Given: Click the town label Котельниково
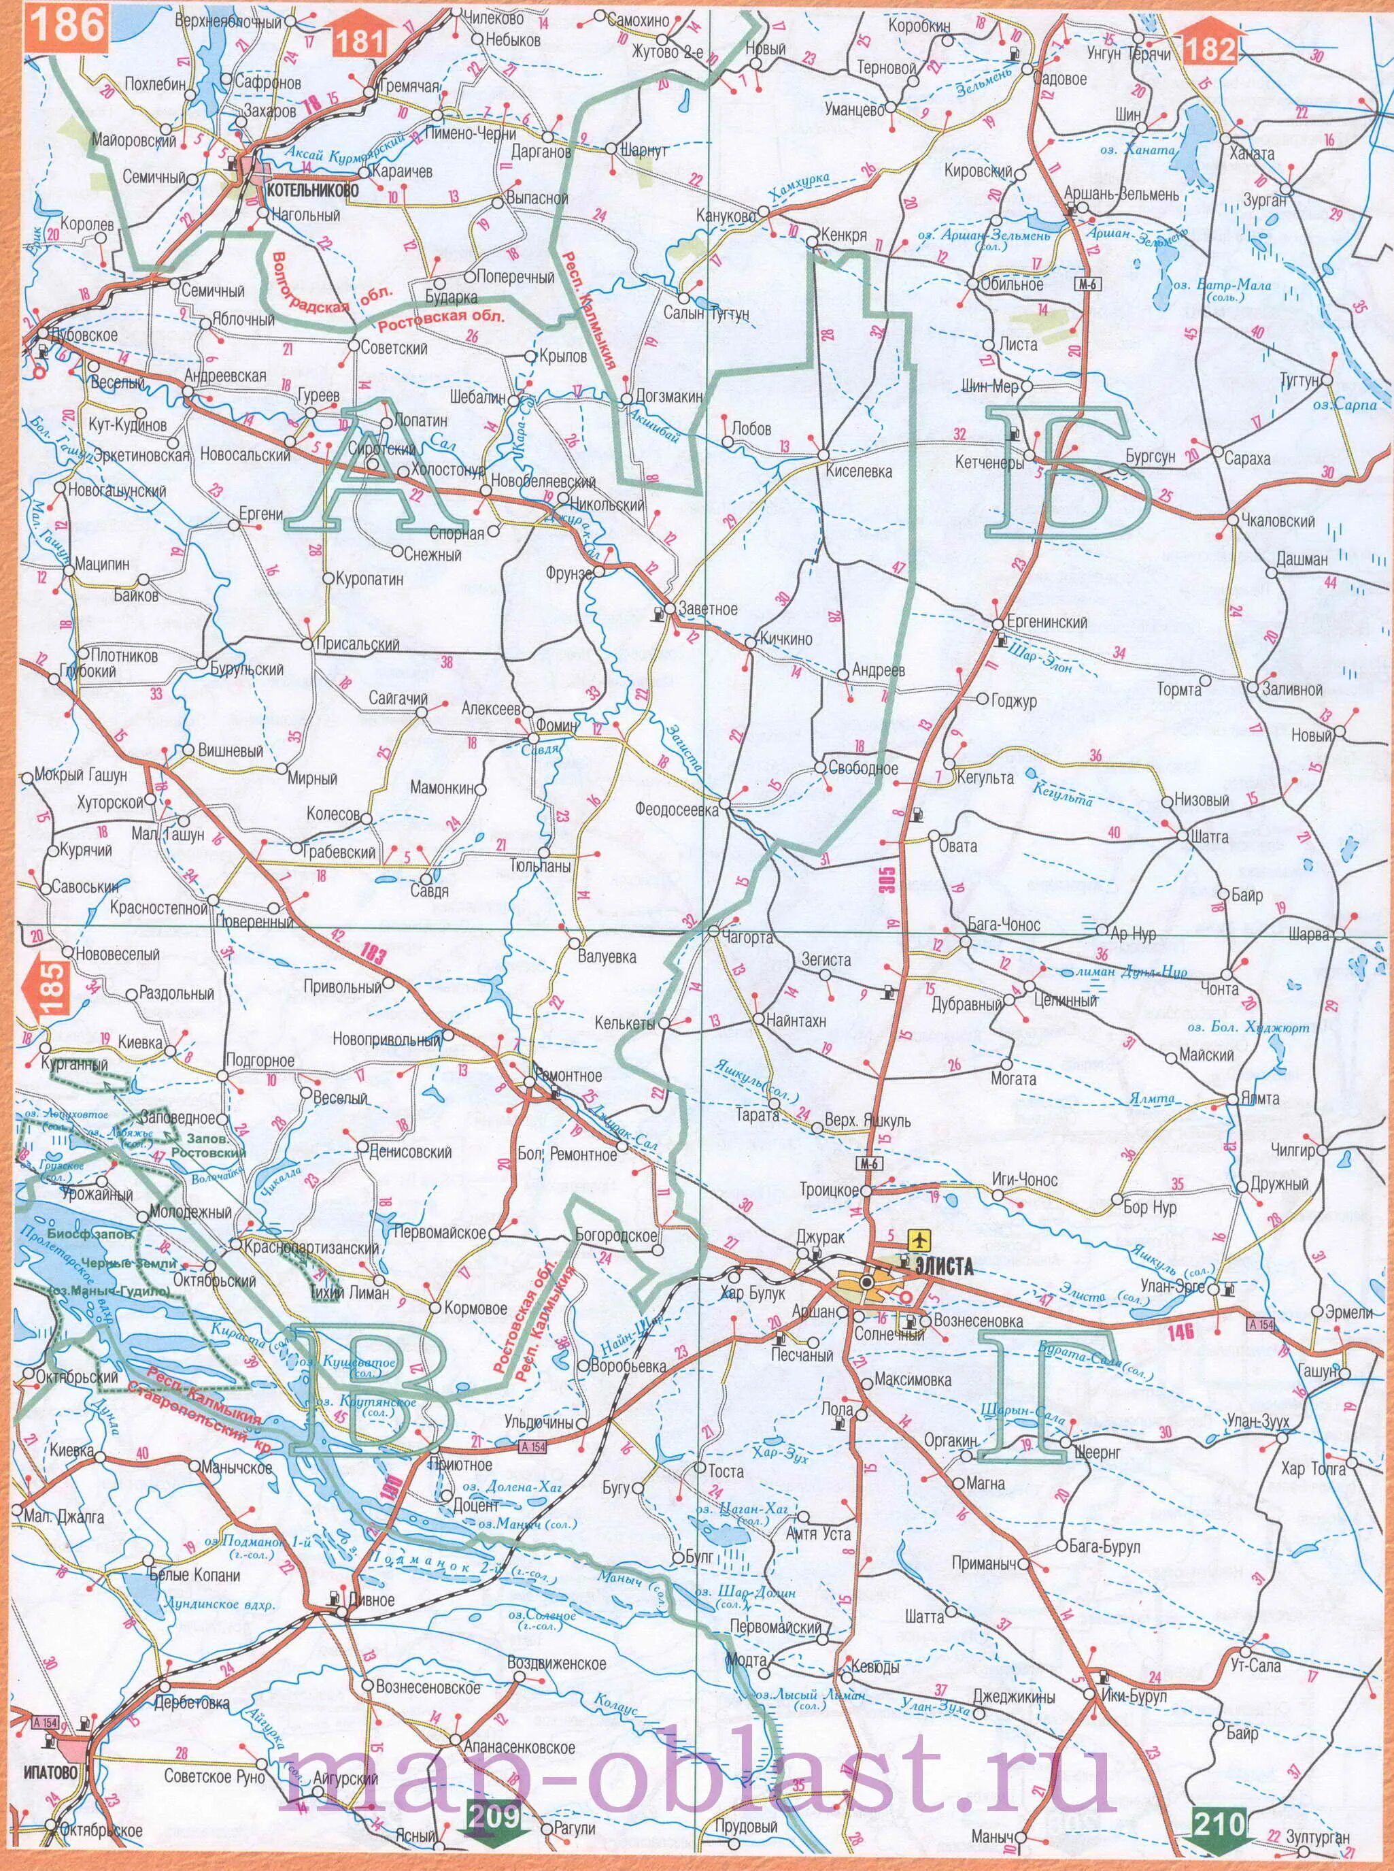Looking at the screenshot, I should [311, 191].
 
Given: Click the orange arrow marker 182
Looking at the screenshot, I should [1209, 48].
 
